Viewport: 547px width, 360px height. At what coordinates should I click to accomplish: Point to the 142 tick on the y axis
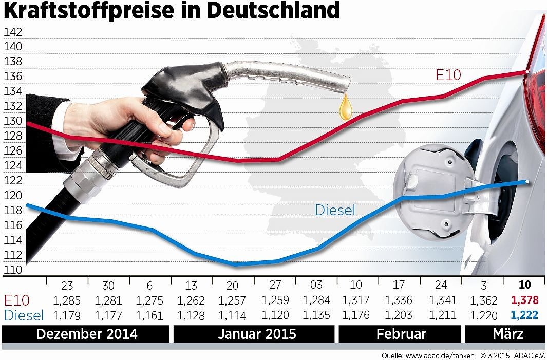pyautogui.click(x=13, y=31)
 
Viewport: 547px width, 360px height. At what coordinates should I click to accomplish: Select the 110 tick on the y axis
pyautogui.click(x=13, y=270)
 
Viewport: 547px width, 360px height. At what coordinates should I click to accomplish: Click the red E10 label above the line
pyautogui.click(x=448, y=75)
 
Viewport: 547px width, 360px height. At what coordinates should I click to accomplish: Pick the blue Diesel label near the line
pyautogui.click(x=335, y=210)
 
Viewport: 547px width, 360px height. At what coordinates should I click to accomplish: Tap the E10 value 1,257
pyautogui.click(x=233, y=300)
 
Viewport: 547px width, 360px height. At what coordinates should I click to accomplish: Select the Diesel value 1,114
pyautogui.click(x=233, y=315)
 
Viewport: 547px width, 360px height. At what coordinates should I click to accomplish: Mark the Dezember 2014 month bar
pyautogui.click(x=87, y=334)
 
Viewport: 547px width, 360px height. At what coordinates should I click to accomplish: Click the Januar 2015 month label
pyautogui.click(x=257, y=334)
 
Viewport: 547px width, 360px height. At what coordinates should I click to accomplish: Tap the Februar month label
pyautogui.click(x=401, y=334)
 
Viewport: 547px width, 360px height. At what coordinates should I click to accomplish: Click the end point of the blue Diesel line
pyautogui.click(x=527, y=181)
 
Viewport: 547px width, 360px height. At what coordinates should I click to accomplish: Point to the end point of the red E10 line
pyautogui.click(x=527, y=72)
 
